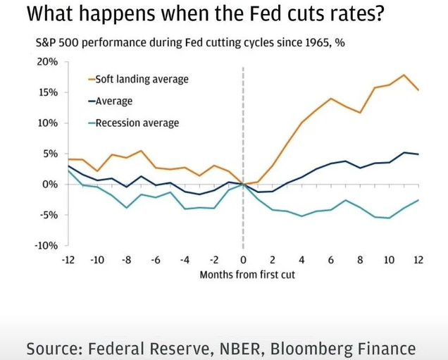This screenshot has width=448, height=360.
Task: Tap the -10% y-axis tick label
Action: click(x=46, y=245)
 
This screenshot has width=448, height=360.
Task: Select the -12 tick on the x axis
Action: click(x=68, y=260)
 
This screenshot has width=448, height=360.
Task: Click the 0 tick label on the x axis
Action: click(x=243, y=260)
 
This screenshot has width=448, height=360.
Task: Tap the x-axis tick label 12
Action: click(x=418, y=260)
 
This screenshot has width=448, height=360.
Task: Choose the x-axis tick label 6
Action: click(x=330, y=260)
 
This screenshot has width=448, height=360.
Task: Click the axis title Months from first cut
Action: click(x=242, y=274)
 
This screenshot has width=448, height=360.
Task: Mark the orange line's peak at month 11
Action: click(x=404, y=75)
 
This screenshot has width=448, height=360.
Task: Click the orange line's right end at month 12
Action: click(x=418, y=90)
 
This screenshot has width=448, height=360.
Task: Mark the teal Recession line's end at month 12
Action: click(x=418, y=199)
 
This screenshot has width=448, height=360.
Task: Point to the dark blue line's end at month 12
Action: click(x=418, y=154)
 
